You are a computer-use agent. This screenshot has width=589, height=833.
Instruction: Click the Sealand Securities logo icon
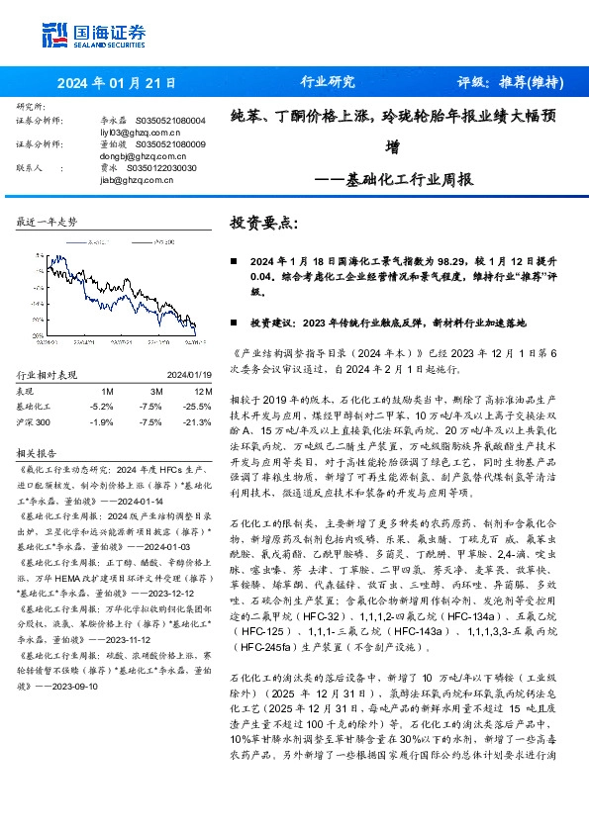(x=54, y=35)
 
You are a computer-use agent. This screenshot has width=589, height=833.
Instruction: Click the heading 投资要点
(x=262, y=223)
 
